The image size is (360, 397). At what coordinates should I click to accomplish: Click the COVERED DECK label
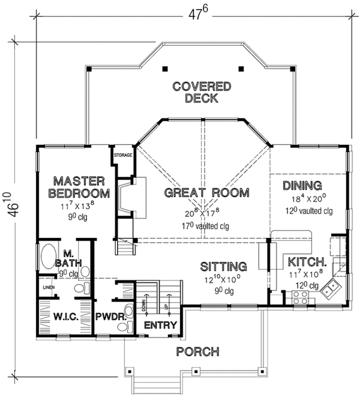pos(202,92)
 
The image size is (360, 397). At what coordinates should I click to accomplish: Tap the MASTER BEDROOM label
pos(79,187)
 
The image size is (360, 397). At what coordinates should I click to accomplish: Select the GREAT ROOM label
pos(206,193)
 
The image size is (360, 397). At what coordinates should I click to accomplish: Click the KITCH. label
pos(307,262)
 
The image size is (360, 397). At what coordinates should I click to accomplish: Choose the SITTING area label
pos(223,266)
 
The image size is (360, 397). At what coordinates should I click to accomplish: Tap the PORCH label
pos(197,351)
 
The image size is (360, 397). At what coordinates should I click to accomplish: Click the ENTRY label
pos(160,326)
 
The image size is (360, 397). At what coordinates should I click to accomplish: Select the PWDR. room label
pos(109,315)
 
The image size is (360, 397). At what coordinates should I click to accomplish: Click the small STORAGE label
pos(122,154)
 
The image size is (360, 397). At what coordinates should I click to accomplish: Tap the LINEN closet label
pos(49,287)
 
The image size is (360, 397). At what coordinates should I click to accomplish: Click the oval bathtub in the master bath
pos(47,259)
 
